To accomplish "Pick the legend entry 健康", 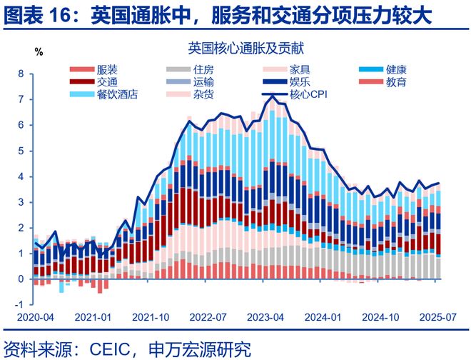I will tap(396, 70).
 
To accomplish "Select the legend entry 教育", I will tap(396, 82).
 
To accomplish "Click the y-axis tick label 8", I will tap(21, 74).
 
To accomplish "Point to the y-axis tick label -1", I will tap(19, 305).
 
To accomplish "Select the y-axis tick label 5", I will tap(21, 151).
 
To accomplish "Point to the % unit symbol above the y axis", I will tap(39, 51).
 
